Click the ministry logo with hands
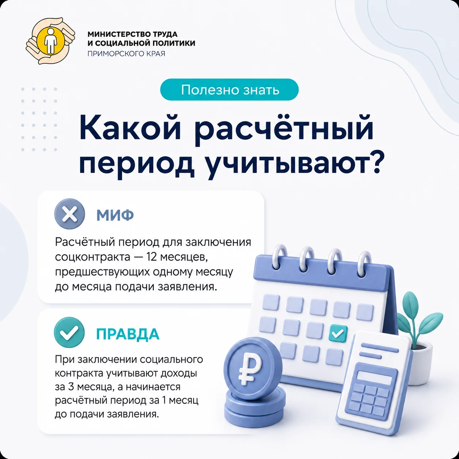(x=50, y=41)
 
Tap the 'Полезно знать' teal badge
(x=229, y=90)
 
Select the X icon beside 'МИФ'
(x=70, y=214)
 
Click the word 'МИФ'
(x=115, y=215)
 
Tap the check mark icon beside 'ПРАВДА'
(x=69, y=332)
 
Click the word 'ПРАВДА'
(x=128, y=334)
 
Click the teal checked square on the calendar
(x=338, y=333)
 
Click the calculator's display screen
(x=374, y=377)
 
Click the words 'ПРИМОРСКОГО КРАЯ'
(x=126, y=54)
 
